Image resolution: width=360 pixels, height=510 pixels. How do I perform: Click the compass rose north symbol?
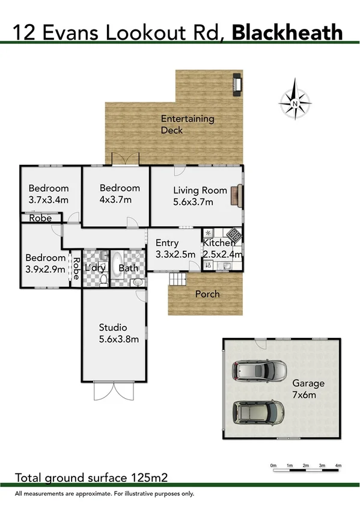pos(294,103)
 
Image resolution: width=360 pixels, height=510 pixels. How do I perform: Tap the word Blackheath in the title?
pos(287,32)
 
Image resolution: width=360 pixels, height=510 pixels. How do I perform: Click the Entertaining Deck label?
pos(187,124)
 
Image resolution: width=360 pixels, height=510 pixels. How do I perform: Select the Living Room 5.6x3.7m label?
pos(192,196)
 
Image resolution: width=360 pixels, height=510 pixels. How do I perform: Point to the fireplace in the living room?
pos(240,196)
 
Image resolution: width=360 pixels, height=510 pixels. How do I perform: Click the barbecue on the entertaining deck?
pos(237,84)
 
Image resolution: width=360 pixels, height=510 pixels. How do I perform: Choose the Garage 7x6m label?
pos(308,389)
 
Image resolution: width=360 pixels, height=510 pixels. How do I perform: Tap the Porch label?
pos(207,294)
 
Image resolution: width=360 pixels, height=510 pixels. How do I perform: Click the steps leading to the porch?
pos(178,279)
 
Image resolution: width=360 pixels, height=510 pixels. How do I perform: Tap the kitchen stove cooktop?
pos(233,236)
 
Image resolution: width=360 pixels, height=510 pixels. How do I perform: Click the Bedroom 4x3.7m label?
pos(120,194)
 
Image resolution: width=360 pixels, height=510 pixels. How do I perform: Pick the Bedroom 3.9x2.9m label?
pos(45,263)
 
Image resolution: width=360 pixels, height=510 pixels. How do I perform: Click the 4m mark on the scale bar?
pos(338,465)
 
